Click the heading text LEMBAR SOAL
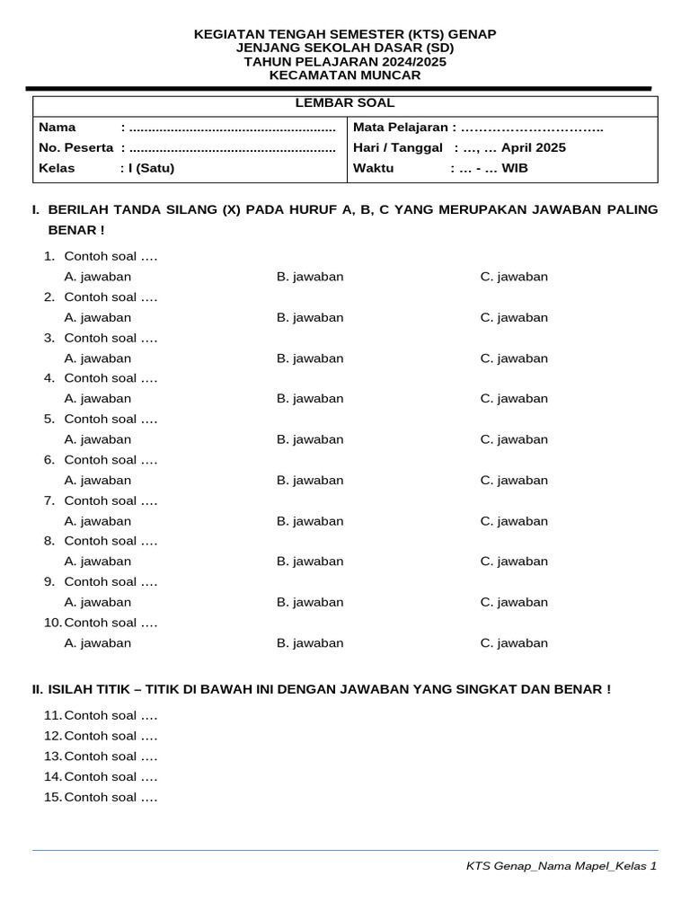click(345, 103)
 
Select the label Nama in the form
click(57, 128)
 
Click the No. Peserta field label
click(76, 147)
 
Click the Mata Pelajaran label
click(401, 128)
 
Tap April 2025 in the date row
click(534, 147)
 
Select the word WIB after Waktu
click(515, 168)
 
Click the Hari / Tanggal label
click(398, 147)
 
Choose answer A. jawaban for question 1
click(98, 277)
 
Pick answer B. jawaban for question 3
click(310, 358)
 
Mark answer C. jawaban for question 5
click(514, 439)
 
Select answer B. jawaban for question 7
click(310, 521)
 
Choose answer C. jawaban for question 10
click(514, 643)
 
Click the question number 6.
click(49, 460)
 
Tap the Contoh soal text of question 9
click(111, 582)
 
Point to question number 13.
click(52, 756)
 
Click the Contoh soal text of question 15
click(111, 797)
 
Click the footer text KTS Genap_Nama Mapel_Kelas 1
click(562, 866)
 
